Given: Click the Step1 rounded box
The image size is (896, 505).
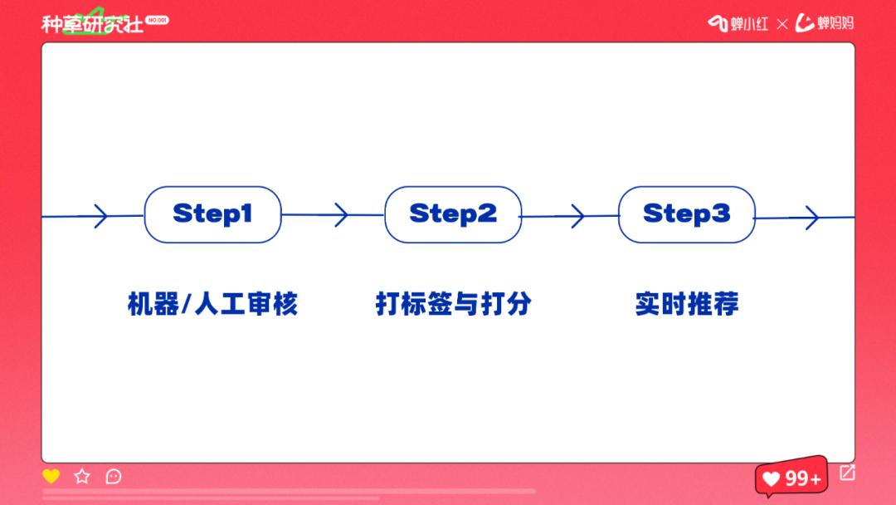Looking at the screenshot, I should [x=212, y=214].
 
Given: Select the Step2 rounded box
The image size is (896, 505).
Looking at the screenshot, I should [x=453, y=214].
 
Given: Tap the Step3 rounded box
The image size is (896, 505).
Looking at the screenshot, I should [x=687, y=214].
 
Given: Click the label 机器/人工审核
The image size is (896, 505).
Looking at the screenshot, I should [x=212, y=304].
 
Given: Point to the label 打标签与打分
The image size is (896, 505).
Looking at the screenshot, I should [x=453, y=304].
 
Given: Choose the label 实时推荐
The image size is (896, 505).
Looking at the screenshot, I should [x=687, y=304].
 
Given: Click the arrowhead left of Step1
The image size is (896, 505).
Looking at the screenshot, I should [x=100, y=216].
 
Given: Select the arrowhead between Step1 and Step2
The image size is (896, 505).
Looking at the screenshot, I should [x=340, y=215].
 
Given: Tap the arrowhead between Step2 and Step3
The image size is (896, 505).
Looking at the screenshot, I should [x=577, y=217].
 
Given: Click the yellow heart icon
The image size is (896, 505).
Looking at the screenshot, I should [x=51, y=476].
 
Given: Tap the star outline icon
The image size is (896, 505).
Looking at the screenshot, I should [x=82, y=476].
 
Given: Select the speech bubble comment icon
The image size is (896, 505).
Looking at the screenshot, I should [x=114, y=476].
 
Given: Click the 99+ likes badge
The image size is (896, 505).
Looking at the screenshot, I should [x=791, y=478].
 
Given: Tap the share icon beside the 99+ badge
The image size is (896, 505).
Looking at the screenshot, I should [x=847, y=473].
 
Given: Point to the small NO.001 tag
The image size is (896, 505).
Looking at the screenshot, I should [x=157, y=19].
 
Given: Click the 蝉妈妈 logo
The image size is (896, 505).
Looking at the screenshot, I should [x=825, y=23].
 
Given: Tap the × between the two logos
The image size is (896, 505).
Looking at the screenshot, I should [x=782, y=24].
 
